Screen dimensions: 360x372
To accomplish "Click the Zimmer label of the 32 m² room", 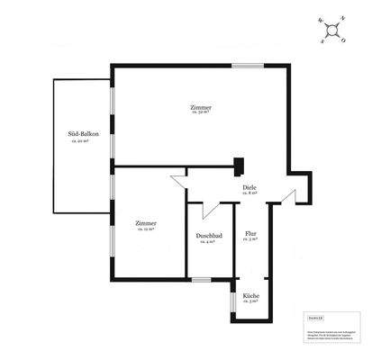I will tap(200, 107).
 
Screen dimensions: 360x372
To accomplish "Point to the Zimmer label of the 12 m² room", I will tap(146, 222).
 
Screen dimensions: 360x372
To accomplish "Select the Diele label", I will tap(250, 186).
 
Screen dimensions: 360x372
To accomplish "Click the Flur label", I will tap(250, 233).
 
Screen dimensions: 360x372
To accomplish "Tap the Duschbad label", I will tap(208, 236).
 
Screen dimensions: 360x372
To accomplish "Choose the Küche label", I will tap(251, 295).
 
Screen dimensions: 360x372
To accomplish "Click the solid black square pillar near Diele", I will tap(240, 165).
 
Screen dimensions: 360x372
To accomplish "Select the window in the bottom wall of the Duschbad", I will tap(203, 279).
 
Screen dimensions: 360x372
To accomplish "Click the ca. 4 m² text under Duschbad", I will tap(208, 243).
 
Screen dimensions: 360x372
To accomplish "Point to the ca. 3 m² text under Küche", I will tap(251, 302).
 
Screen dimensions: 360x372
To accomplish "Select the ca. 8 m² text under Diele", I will tap(250, 193).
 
